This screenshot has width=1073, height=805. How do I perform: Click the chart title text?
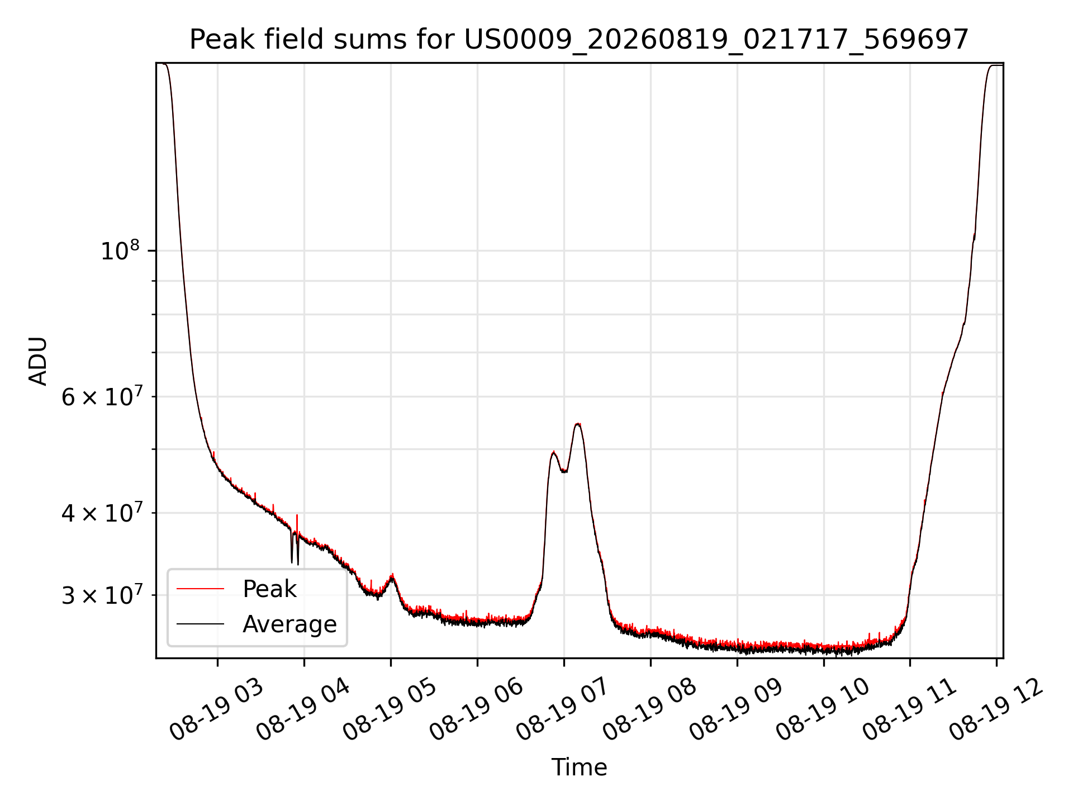(579, 40)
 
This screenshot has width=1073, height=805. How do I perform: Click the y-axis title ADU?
(38, 361)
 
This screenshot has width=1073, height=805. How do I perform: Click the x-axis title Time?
(579, 767)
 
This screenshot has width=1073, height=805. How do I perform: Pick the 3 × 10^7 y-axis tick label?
(102, 595)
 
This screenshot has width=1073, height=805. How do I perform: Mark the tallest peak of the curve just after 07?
(578, 424)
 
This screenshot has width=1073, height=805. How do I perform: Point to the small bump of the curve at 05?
(392, 575)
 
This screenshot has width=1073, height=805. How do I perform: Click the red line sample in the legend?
(200, 589)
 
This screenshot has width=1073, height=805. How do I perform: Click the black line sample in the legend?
(200, 624)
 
